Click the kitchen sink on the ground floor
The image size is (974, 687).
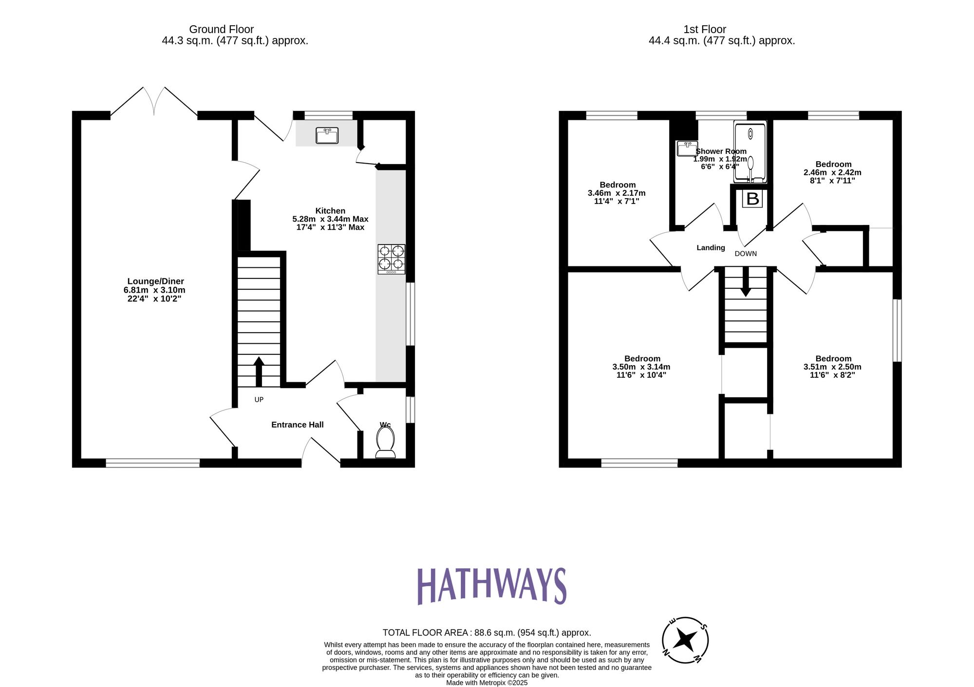click(327, 135)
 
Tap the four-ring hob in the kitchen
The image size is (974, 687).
click(391, 259)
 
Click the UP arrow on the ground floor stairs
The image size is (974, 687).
click(259, 371)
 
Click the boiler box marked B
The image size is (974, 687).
click(752, 199)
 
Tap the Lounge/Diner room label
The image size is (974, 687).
click(155, 281)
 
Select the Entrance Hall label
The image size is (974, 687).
click(297, 425)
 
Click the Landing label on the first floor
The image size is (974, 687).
click(711, 247)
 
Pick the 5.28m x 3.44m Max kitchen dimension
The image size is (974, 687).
click(330, 219)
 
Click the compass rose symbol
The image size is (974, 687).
click(685, 640)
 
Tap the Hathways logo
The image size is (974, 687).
click(491, 586)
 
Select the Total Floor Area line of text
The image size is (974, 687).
click(487, 632)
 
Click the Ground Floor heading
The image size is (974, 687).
click(221, 29)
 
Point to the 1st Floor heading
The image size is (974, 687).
click(704, 29)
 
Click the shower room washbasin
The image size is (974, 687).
click(687, 148)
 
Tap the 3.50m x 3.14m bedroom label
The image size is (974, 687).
click(641, 367)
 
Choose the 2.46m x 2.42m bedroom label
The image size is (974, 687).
click(832, 172)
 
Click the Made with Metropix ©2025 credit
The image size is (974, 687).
click(487, 683)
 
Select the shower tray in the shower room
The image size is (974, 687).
click(750, 152)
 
